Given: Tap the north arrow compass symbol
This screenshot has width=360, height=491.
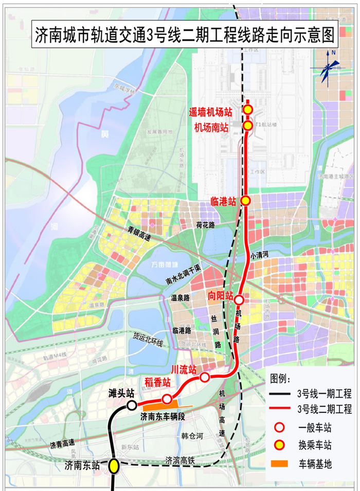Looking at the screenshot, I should (x=327, y=67).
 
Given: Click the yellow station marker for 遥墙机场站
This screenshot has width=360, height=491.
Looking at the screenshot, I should (x=248, y=109).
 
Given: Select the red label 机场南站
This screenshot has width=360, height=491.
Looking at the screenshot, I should (x=211, y=127).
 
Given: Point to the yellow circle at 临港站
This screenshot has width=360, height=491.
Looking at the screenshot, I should (x=246, y=200).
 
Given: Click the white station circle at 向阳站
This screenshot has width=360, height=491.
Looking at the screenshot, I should (x=239, y=299).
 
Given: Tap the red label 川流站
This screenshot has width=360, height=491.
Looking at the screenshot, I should (x=184, y=369).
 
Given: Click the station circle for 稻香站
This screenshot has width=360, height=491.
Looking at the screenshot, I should (x=167, y=399).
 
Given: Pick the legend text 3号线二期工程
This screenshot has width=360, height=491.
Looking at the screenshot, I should (x=325, y=410).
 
